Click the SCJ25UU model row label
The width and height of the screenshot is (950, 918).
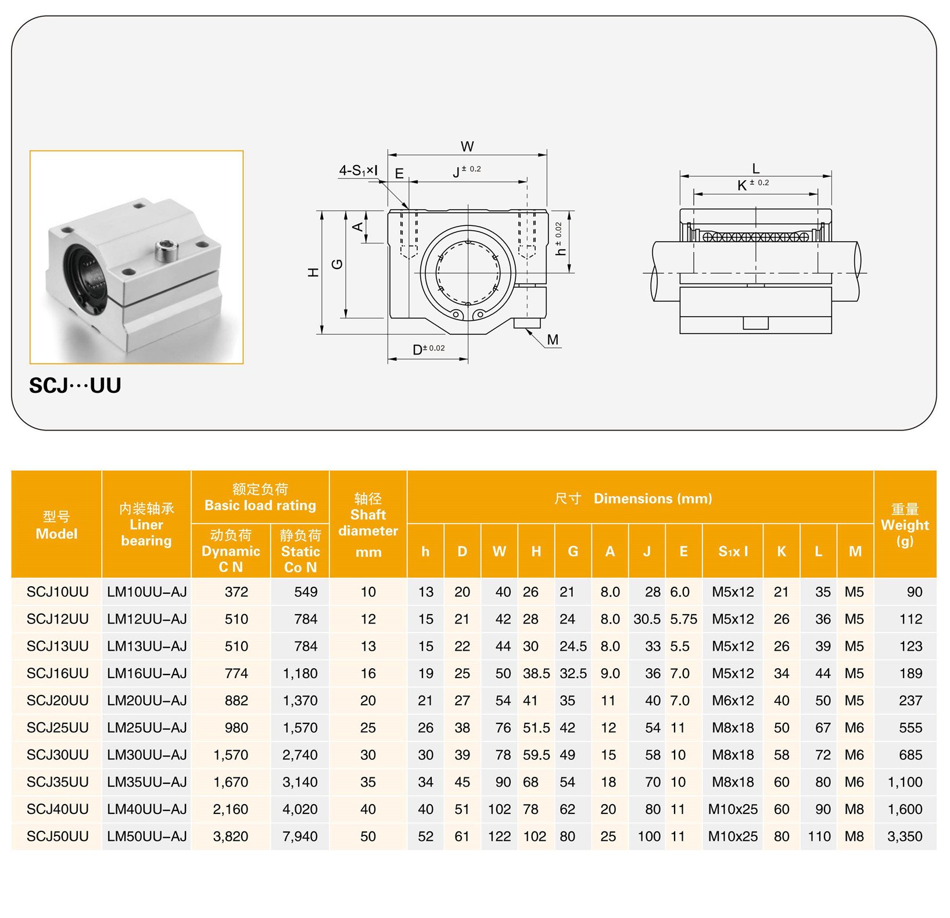[x=58, y=727]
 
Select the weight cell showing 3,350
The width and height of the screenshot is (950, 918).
[x=905, y=836]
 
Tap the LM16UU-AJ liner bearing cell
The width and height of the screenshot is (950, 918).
[x=146, y=673]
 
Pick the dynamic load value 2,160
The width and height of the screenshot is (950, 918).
[x=231, y=809]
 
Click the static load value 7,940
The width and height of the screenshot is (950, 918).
[x=300, y=836]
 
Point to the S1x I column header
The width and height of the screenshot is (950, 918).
[x=733, y=551]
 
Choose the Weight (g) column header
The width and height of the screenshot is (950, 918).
[x=905, y=525]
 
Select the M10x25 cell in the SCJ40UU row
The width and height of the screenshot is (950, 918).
[x=733, y=809]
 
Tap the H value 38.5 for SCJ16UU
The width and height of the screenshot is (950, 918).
[x=536, y=673]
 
